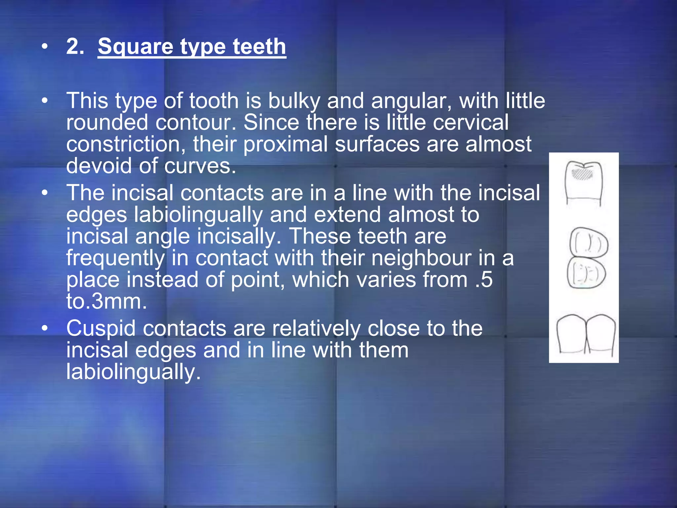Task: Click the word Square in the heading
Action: pyautogui.click(x=135, y=47)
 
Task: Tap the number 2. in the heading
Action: pyautogui.click(x=75, y=46)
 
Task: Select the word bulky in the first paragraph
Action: pyautogui.click(x=294, y=101)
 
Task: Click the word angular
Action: pyautogui.click(x=411, y=101)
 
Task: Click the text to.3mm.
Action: pyautogui.click(x=106, y=302)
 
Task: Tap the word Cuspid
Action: pyautogui.click(x=101, y=329)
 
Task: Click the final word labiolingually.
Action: pyautogui.click(x=133, y=372)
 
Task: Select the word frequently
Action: pyautogui.click(x=115, y=258)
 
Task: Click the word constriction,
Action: pyautogui.click(x=126, y=145)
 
